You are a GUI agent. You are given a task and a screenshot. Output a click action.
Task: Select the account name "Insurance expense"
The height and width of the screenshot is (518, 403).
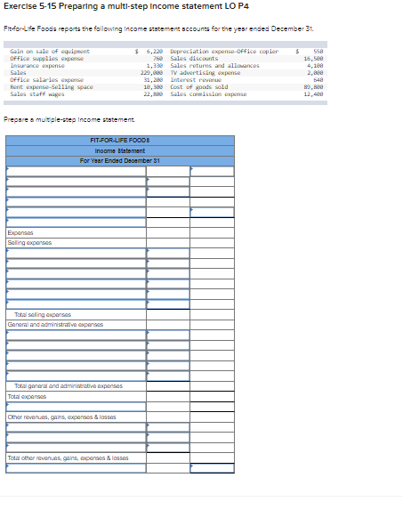(37, 66)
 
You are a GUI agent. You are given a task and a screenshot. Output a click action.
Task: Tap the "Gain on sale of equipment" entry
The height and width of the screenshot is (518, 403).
(50, 52)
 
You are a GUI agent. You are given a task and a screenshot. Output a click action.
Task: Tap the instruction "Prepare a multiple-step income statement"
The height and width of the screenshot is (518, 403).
(69, 119)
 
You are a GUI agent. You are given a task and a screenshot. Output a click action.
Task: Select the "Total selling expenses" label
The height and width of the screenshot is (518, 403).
(42, 314)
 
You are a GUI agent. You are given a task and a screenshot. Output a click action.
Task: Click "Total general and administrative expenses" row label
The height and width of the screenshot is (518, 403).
(68, 386)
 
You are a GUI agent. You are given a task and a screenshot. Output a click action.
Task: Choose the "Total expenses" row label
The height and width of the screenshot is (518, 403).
(26, 396)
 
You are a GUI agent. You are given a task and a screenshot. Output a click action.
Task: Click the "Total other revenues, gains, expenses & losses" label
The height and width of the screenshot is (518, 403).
(68, 458)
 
